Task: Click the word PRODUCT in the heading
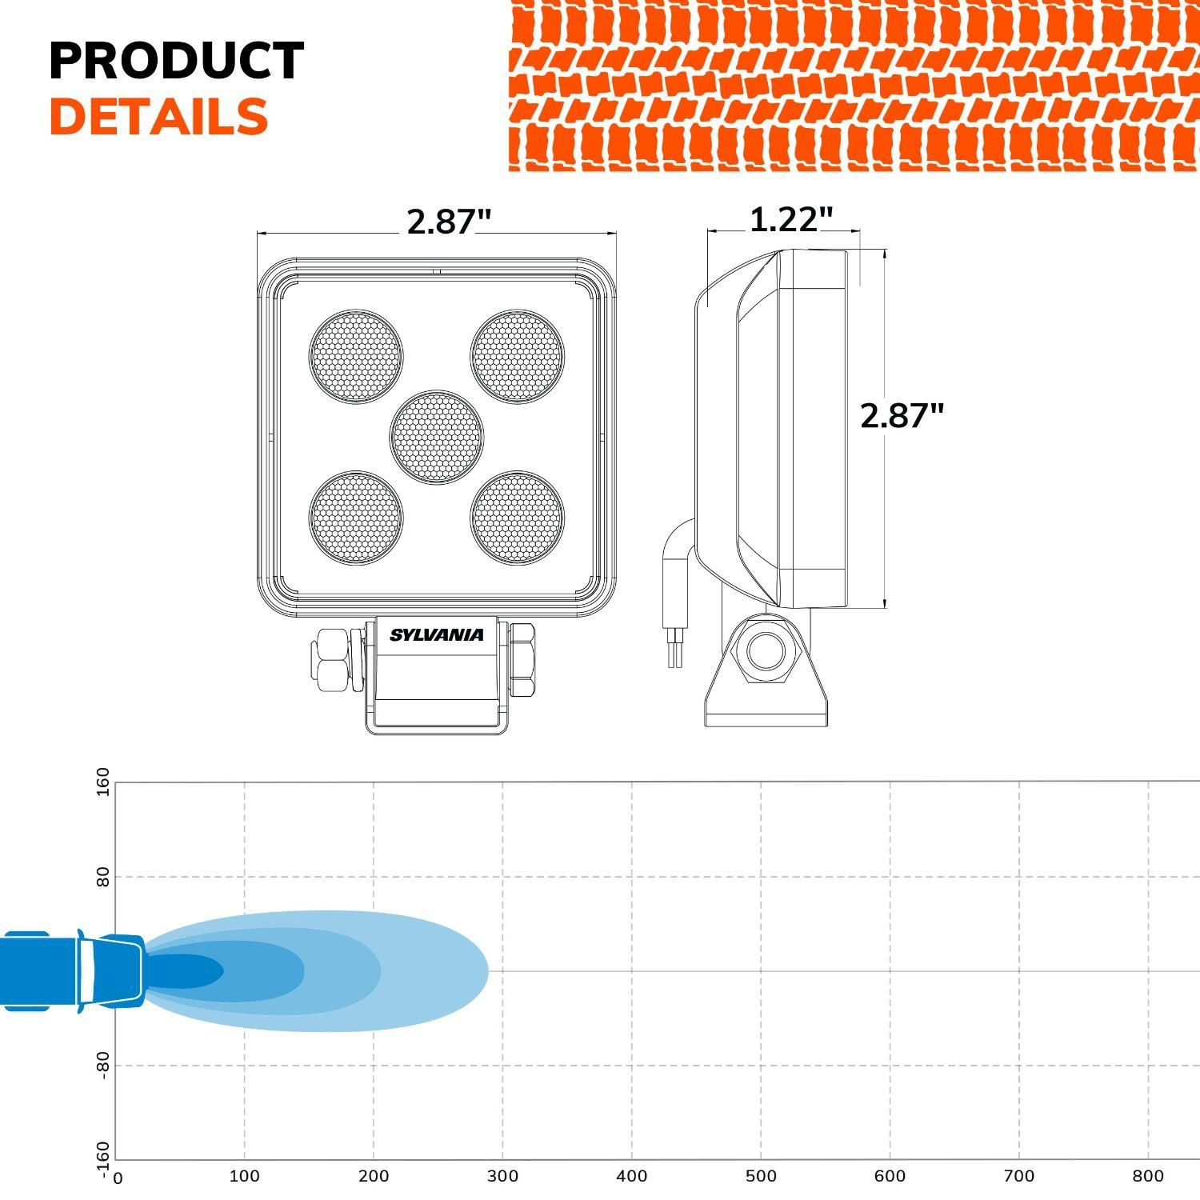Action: tap(176, 61)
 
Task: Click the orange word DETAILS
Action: tap(158, 117)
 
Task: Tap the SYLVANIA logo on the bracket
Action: tap(436, 635)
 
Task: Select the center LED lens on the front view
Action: tap(437, 437)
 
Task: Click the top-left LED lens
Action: tap(356, 356)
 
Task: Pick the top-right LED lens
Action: tap(517, 356)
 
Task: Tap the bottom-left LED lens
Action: tap(356, 517)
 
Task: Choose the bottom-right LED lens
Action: tap(517, 517)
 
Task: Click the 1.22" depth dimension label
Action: tap(790, 219)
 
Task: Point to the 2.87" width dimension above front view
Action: tap(448, 222)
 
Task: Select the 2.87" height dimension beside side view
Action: tap(902, 416)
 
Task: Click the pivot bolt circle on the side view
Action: tap(766, 652)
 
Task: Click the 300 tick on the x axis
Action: tap(502, 1176)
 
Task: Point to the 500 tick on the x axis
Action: tap(761, 1176)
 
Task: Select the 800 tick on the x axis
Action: tap(1149, 1176)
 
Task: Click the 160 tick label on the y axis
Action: tap(103, 782)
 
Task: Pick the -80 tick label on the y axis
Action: tap(103, 1066)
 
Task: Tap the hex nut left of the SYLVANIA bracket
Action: tap(332, 658)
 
